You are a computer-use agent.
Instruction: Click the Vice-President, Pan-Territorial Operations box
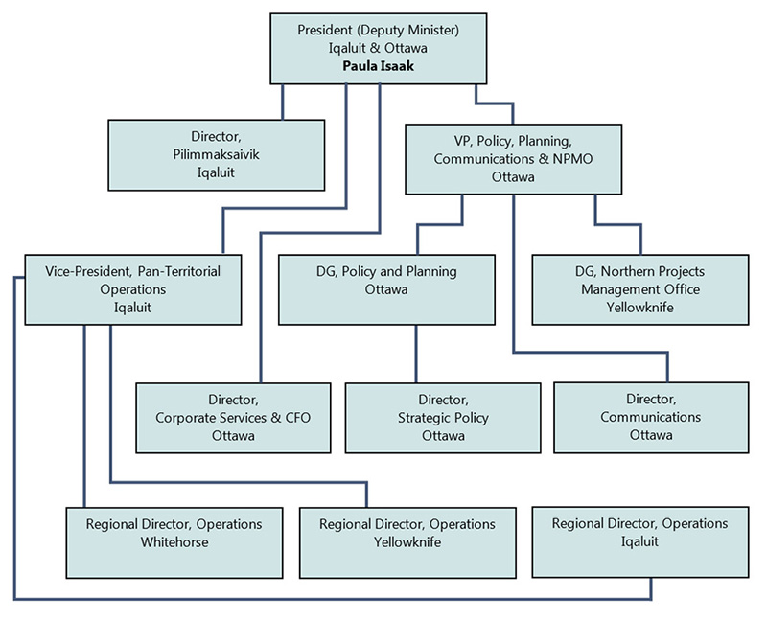pos(132,288)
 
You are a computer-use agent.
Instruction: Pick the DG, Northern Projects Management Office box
pos(639,288)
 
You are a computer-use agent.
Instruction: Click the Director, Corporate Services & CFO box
pos(233,417)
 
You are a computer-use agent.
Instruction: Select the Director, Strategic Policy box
pos(443,417)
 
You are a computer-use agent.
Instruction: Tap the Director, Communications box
pos(650,417)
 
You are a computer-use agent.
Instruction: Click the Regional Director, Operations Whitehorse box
pos(174,541)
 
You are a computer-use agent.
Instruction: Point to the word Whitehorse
pos(174,541)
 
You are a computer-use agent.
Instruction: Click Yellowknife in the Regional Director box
pos(407,541)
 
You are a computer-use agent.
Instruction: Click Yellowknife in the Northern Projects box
pos(639,307)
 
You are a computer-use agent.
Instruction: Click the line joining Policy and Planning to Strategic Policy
pos(416,354)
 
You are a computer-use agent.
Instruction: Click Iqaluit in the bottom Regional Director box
pos(639,541)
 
